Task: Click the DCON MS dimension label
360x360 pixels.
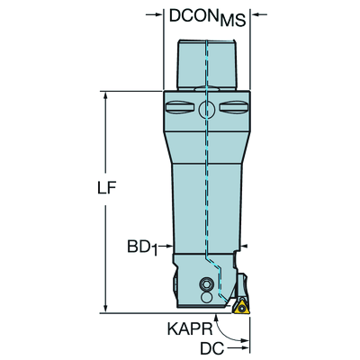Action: [208, 17]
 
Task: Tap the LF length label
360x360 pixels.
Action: [106, 188]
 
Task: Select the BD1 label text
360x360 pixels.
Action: [142, 248]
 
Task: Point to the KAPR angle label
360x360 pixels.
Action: [190, 329]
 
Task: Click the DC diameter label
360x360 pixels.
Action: [212, 348]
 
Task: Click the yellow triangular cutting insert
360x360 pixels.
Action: [240, 307]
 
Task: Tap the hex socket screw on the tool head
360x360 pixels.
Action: [206, 283]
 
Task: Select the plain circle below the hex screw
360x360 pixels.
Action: [206, 297]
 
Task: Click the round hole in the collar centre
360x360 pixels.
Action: [207, 110]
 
